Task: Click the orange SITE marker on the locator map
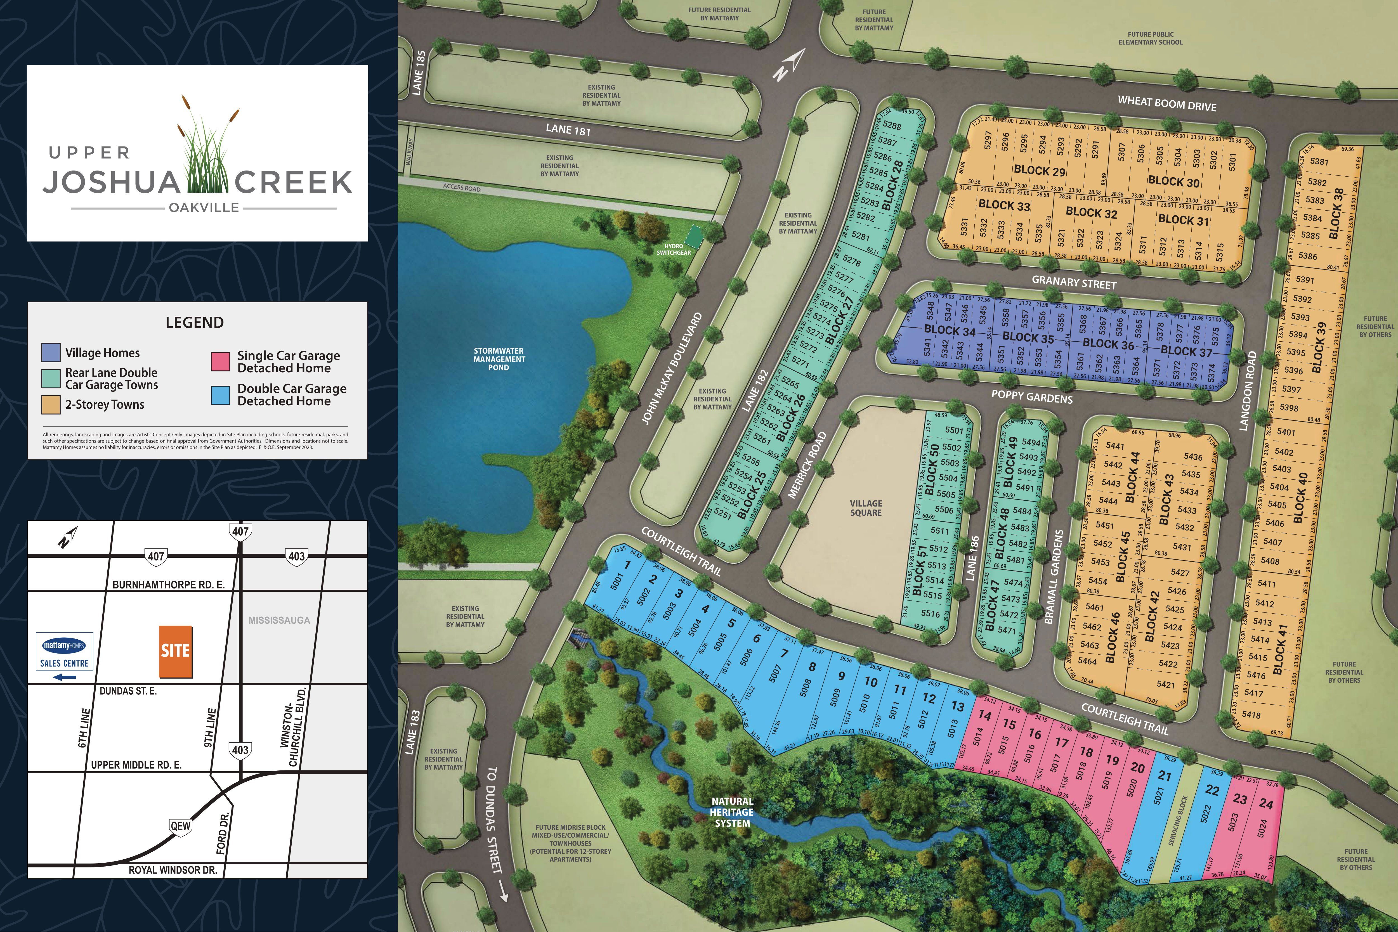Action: click(175, 651)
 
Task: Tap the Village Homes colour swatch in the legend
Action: click(51, 353)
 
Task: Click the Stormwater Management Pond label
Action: click(499, 359)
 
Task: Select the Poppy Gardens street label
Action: click(1032, 397)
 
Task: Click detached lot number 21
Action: click(1165, 776)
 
